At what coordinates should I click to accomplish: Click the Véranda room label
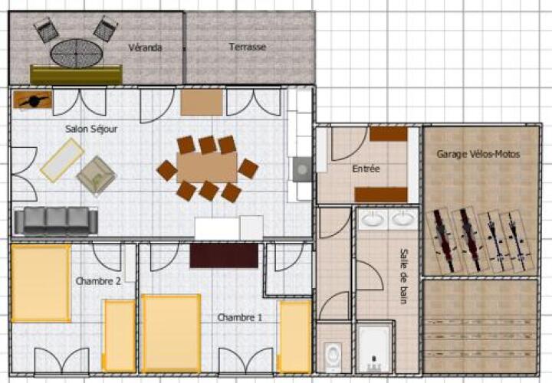[145, 47]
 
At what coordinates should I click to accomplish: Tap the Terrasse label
[247, 47]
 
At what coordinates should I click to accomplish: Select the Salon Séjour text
[91, 129]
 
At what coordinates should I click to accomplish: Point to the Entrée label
[366, 169]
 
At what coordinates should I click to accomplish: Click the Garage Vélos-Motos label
[478, 154]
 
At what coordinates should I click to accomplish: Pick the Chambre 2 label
[98, 281]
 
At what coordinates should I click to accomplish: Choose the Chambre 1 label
[240, 318]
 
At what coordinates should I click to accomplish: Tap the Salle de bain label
[404, 276]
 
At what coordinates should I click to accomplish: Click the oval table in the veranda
[77, 54]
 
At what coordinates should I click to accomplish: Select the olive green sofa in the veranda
[76, 74]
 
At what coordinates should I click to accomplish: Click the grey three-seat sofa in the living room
[56, 220]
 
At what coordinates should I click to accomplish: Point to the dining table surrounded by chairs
[207, 168]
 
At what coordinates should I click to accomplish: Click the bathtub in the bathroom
[374, 348]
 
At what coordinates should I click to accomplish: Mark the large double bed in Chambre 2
[41, 283]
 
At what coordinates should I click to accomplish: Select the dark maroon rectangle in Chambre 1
[224, 256]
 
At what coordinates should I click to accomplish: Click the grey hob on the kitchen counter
[302, 169]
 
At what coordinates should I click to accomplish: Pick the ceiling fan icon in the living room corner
[33, 100]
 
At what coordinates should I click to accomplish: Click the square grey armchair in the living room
[97, 175]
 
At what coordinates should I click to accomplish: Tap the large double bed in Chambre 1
[172, 333]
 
